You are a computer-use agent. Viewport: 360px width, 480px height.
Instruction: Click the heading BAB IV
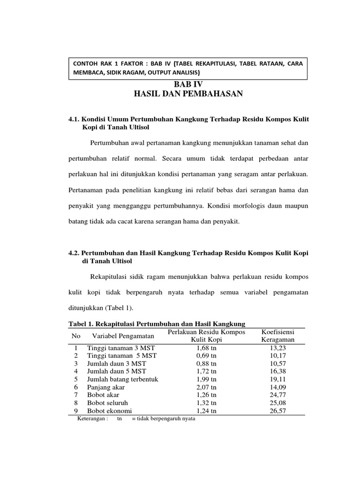click(188, 84)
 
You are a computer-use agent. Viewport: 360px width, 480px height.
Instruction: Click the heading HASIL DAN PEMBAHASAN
click(188, 94)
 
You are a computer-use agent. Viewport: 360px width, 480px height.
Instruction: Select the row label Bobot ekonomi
click(109, 411)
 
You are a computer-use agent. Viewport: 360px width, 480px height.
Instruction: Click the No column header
click(76, 336)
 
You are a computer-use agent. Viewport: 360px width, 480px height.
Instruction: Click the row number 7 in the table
click(76, 395)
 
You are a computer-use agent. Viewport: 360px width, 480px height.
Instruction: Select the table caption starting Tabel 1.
click(157, 323)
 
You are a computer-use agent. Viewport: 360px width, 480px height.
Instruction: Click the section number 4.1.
click(75, 120)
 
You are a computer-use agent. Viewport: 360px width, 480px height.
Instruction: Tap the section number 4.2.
click(75, 253)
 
